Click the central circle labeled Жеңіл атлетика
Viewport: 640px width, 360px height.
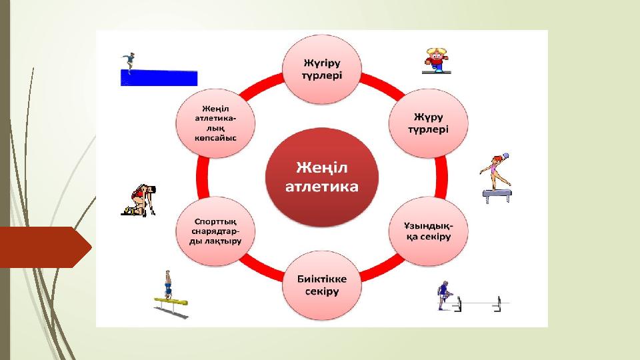[x=321, y=176]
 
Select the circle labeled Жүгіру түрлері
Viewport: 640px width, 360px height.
[x=323, y=69]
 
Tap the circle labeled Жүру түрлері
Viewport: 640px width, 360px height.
[x=428, y=122]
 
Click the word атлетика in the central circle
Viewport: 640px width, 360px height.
[x=321, y=187]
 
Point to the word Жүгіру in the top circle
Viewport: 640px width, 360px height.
[x=323, y=62]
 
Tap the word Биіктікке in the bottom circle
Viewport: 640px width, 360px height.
[x=323, y=278]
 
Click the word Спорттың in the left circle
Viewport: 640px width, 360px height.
[x=215, y=221]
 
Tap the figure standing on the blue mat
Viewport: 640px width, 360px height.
[x=129, y=61]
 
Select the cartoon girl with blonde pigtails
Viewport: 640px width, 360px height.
[x=437, y=59]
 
